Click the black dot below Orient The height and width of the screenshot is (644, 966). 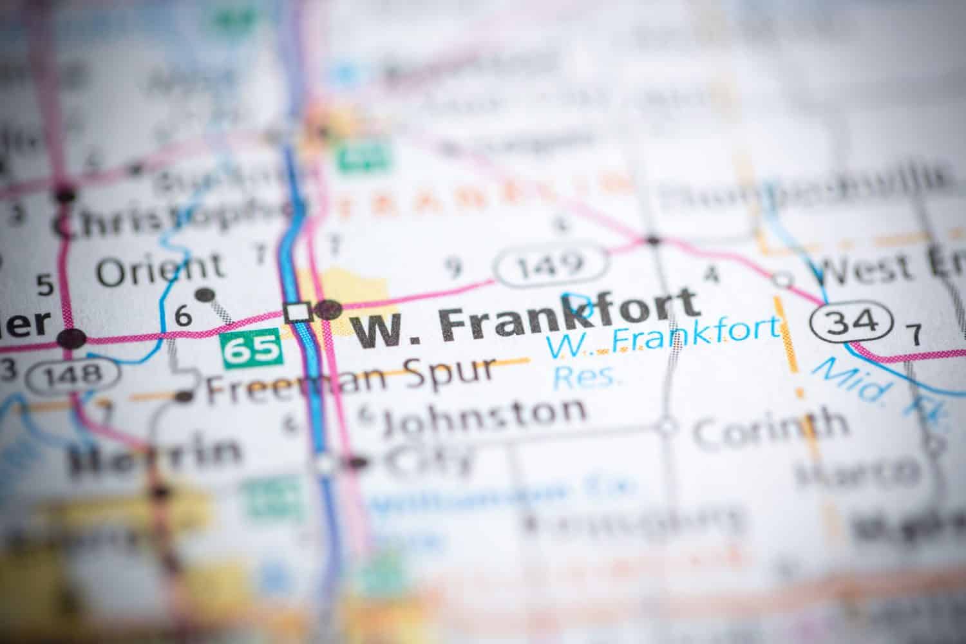pos(205,296)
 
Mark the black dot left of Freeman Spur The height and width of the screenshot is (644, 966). pos(186,396)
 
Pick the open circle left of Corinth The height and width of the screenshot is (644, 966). pos(667,426)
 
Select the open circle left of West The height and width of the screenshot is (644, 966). pos(783,279)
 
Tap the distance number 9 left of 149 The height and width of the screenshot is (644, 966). pos(455,266)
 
